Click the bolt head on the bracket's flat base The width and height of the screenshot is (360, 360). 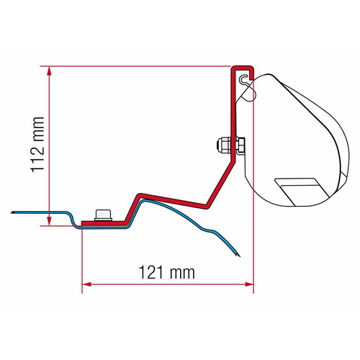coord(102,215)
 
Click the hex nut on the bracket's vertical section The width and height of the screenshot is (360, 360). coord(225,145)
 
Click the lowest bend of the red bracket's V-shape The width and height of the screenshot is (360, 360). coord(208,204)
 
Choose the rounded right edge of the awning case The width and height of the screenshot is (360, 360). coord(336,144)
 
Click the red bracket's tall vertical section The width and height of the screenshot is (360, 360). coord(234,130)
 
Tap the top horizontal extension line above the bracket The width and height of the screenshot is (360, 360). coord(144,66)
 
